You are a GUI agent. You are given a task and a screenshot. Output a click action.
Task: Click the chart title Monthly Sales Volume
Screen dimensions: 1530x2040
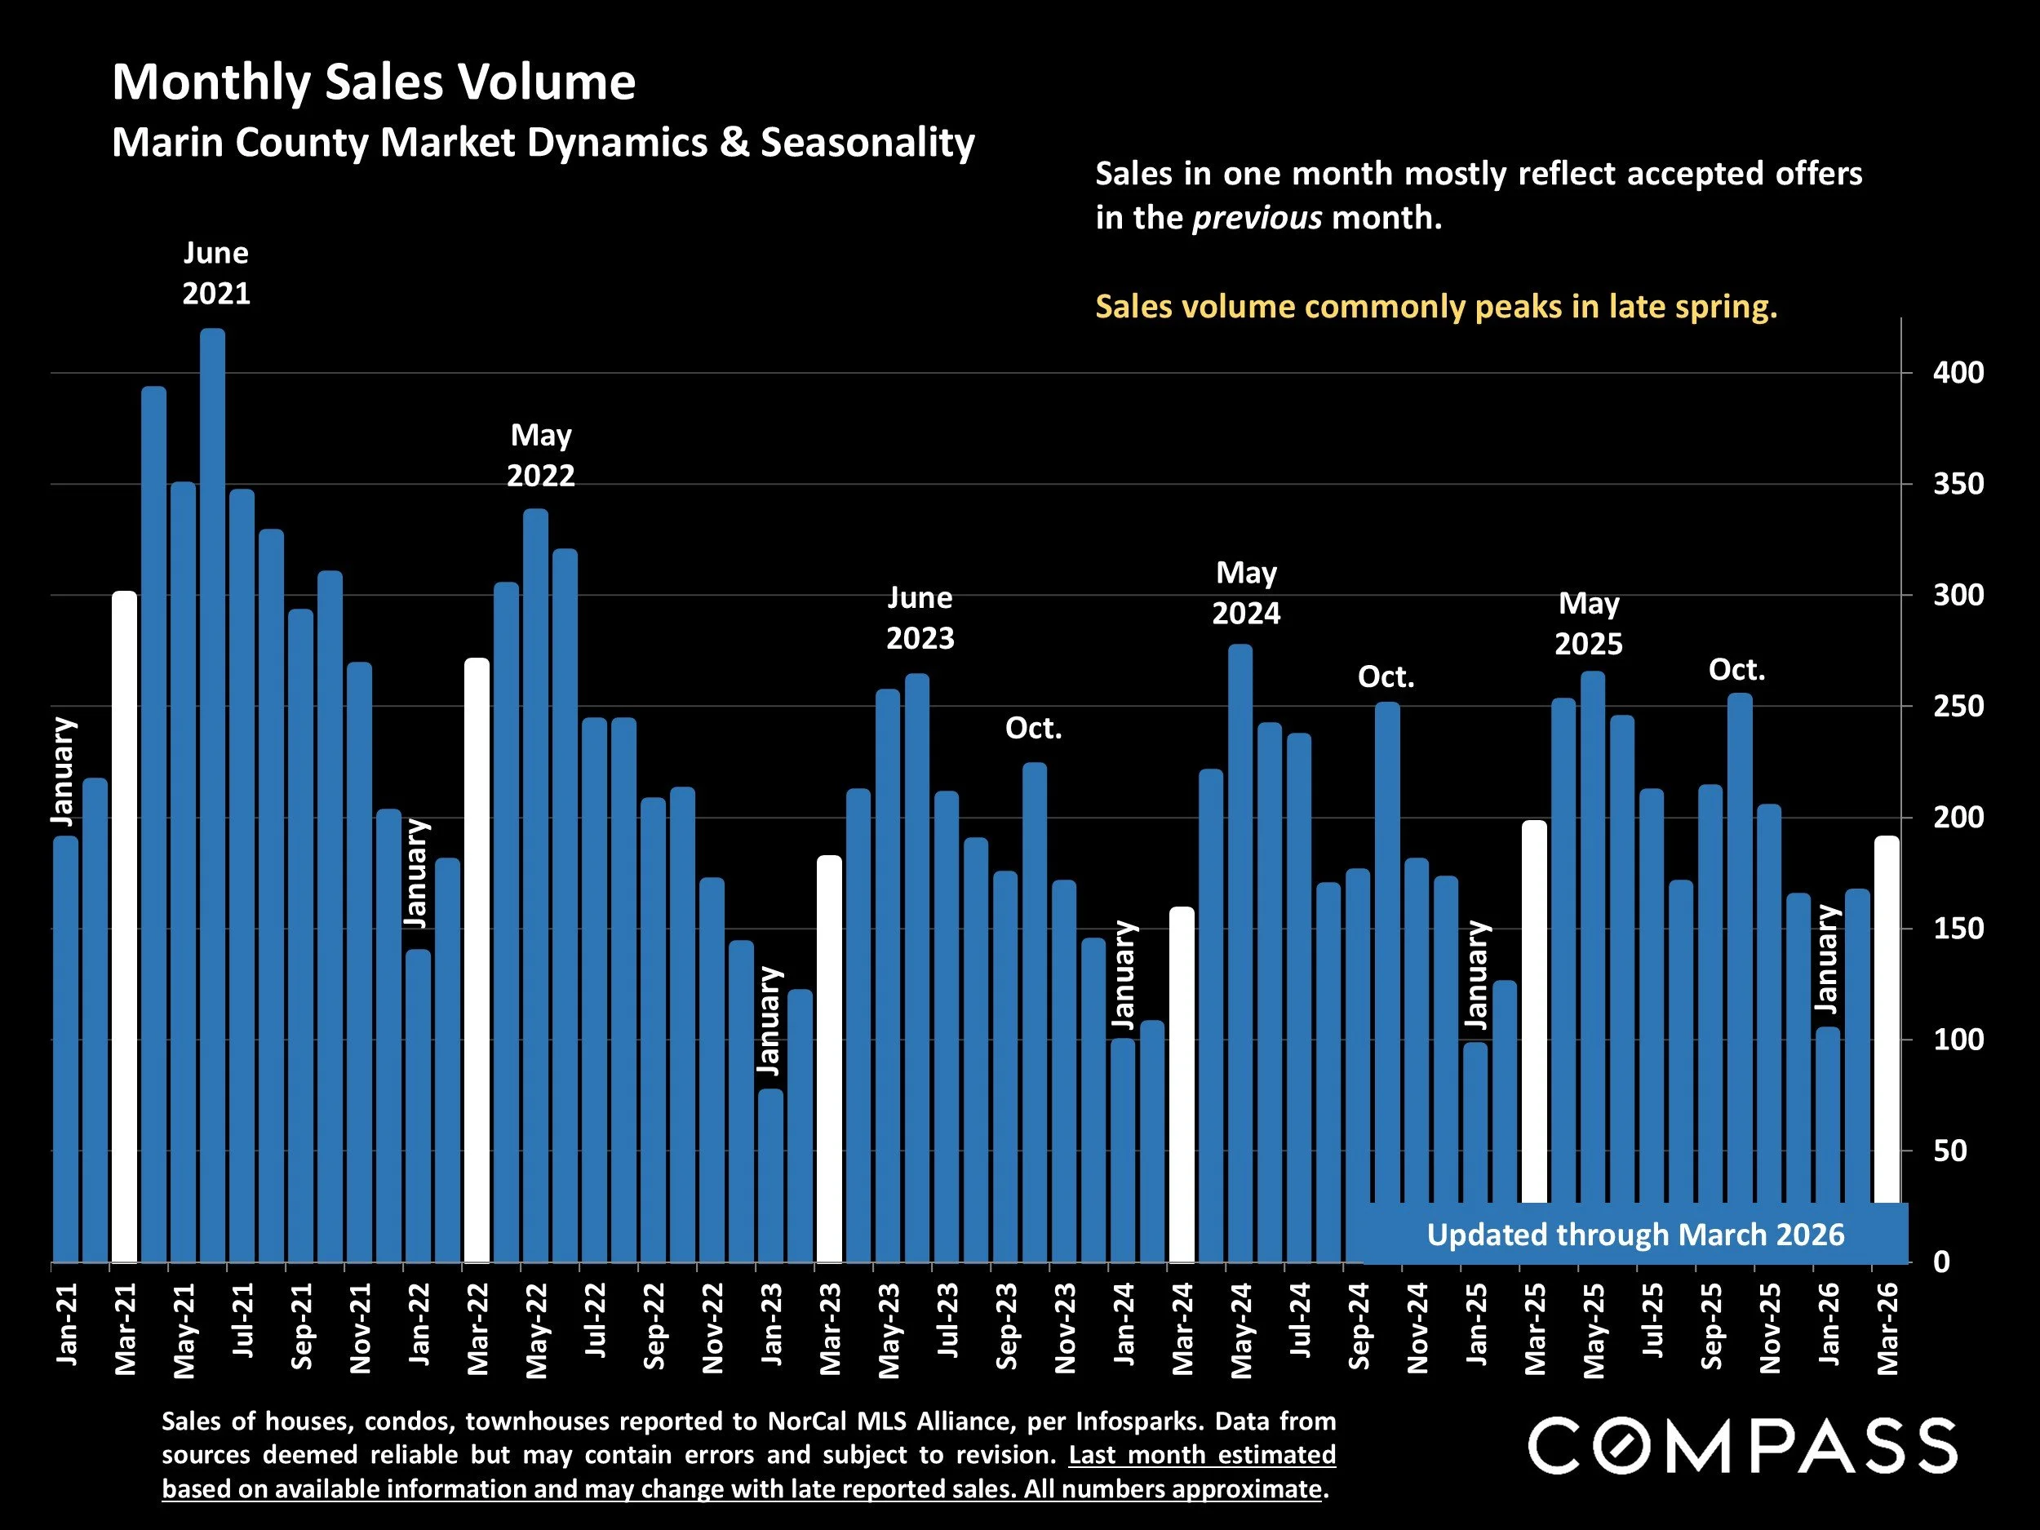point(374,82)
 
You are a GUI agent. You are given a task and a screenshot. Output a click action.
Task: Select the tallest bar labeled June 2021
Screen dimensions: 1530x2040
point(212,793)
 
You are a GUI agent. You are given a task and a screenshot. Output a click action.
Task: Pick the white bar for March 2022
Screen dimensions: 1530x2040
point(477,959)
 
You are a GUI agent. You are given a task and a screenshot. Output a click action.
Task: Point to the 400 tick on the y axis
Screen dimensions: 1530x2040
point(1957,374)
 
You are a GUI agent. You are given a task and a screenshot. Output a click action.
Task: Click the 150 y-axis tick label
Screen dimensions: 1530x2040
point(1957,929)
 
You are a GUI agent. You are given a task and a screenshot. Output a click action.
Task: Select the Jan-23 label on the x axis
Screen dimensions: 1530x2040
point(771,1324)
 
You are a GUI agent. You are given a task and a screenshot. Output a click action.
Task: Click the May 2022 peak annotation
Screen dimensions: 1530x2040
point(540,455)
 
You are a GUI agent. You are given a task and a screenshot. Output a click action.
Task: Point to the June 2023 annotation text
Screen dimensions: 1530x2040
point(920,618)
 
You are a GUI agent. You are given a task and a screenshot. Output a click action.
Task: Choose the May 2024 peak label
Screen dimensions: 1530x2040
point(1246,593)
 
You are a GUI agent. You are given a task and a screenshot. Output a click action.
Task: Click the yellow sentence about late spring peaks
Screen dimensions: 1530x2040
point(1435,306)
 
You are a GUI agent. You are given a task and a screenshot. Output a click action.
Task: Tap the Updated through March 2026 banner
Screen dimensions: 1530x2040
point(1634,1235)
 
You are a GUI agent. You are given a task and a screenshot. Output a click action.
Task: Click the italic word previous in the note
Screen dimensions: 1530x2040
point(1256,218)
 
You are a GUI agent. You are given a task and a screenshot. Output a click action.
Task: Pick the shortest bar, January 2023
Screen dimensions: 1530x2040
point(770,1176)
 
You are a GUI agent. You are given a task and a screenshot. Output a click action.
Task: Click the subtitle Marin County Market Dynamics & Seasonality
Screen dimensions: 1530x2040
point(543,143)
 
